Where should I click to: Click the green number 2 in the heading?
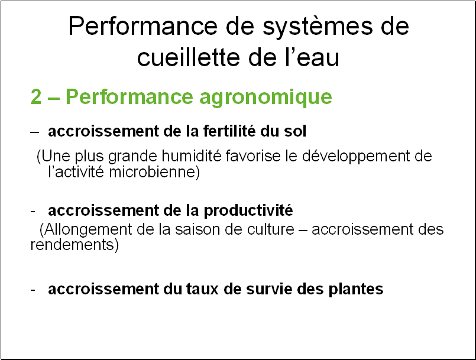[36, 97]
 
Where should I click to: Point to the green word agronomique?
[265, 98]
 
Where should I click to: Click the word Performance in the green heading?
[129, 97]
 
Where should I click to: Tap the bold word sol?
[295, 131]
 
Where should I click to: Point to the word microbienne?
[154, 173]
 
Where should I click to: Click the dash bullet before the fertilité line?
[35, 132]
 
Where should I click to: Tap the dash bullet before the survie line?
[33, 290]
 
